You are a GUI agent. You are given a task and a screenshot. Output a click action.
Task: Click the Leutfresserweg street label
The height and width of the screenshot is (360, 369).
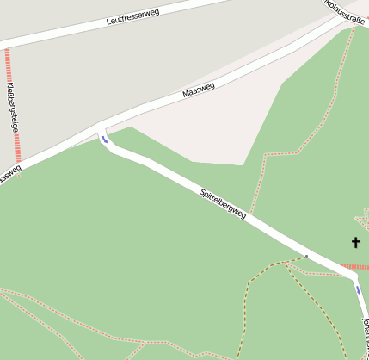[133, 15]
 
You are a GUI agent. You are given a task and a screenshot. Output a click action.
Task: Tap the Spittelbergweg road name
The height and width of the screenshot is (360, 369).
[223, 203]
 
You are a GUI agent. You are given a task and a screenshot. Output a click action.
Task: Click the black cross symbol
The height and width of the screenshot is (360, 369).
[355, 243]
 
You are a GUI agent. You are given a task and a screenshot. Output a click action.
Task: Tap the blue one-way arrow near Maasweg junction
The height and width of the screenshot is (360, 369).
[105, 140]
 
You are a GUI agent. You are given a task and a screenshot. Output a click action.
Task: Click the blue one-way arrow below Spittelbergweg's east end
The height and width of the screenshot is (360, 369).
[359, 290]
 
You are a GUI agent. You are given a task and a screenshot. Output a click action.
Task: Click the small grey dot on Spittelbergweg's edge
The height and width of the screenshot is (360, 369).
[305, 256]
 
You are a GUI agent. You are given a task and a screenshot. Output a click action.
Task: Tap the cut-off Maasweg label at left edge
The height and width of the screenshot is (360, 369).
[9, 173]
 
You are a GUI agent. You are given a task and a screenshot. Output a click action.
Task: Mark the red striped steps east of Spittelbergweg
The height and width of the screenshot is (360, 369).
[357, 267]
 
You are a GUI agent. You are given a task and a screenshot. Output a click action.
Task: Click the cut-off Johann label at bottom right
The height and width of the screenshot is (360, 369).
[365, 332]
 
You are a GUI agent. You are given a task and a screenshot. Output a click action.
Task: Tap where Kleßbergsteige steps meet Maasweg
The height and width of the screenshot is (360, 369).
[18, 162]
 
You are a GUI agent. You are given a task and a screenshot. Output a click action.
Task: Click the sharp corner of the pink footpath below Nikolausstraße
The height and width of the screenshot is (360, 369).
[265, 156]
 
